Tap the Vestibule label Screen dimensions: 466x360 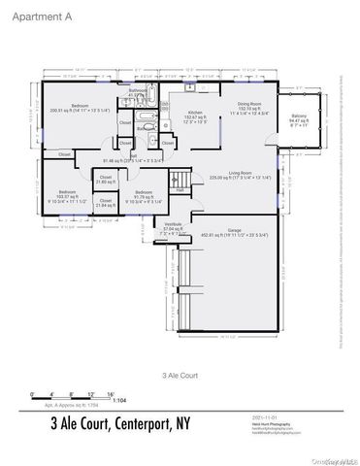pyautogui.click(x=174, y=226)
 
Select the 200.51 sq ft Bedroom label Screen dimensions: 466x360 pyautogui.click(x=81, y=108)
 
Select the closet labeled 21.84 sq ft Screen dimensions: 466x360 pyautogui.click(x=105, y=203)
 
